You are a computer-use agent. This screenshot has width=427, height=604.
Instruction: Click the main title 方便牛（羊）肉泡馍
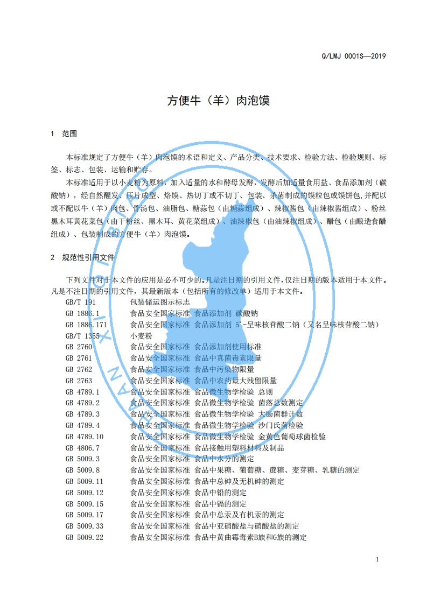tap(218, 101)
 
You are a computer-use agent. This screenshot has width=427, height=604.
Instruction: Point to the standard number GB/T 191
tap(80, 303)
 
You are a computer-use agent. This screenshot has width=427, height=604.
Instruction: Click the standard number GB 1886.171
tap(86, 325)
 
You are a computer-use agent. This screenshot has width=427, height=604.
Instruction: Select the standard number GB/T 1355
tap(82, 335)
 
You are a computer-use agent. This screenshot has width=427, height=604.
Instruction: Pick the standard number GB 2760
tap(79, 347)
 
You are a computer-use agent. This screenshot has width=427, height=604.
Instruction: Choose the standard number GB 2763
tap(79, 381)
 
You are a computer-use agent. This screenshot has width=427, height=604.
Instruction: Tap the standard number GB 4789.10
tap(84, 437)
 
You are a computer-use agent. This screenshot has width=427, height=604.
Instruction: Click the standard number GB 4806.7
tap(82, 448)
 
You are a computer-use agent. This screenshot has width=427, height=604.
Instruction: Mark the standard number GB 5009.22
tap(84, 537)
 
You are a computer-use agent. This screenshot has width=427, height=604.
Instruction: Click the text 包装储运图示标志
tap(160, 303)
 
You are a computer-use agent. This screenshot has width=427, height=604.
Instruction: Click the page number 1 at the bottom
tap(378, 559)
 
